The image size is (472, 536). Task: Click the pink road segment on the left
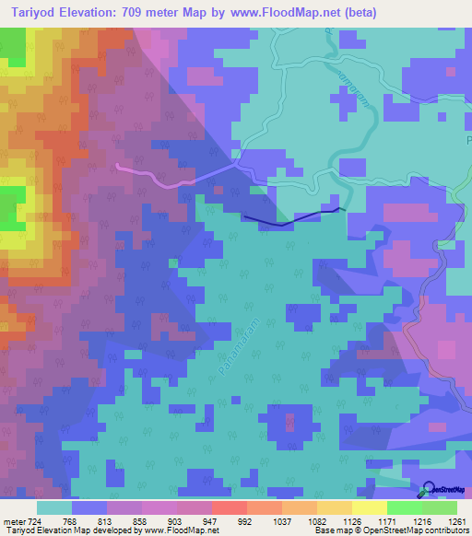point(157,178)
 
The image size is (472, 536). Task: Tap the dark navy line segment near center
point(286,221)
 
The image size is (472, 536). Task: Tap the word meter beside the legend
point(13,520)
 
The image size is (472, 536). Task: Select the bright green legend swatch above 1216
point(405,507)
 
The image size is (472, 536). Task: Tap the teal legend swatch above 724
point(53,507)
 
